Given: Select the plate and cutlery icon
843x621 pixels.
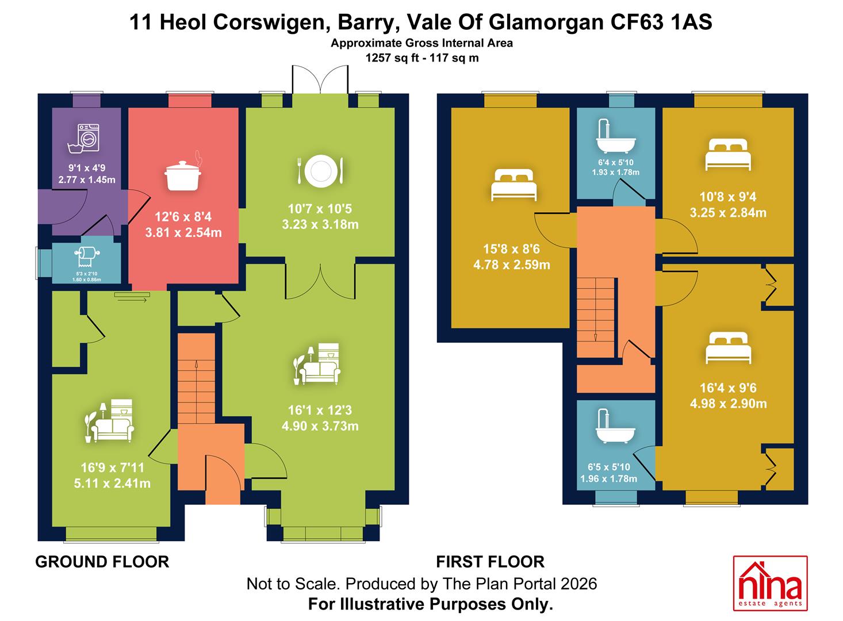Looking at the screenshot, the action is click(x=320, y=171).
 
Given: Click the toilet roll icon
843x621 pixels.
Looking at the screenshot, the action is click(x=87, y=256).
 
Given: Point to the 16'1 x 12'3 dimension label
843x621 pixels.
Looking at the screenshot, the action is click(x=320, y=410).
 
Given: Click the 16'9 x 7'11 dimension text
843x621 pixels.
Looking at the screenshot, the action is click(x=113, y=467).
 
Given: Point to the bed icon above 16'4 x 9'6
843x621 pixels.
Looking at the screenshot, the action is click(x=728, y=348).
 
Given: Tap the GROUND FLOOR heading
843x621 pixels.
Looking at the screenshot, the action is click(x=102, y=562).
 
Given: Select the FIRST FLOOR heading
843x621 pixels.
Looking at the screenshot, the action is click(x=491, y=562).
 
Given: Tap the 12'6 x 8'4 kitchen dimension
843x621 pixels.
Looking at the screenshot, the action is click(x=183, y=217).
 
